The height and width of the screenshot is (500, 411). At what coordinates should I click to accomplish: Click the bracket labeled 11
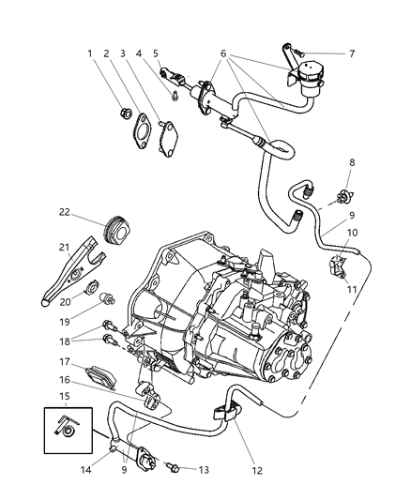[341, 266]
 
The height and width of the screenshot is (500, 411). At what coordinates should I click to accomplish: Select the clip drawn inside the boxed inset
[67, 431]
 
